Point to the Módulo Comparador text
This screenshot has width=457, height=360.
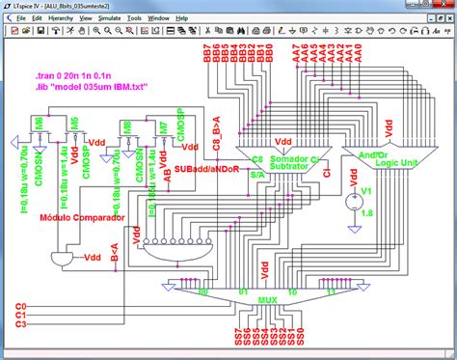[81, 218]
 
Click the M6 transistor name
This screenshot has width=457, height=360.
[39, 122]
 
